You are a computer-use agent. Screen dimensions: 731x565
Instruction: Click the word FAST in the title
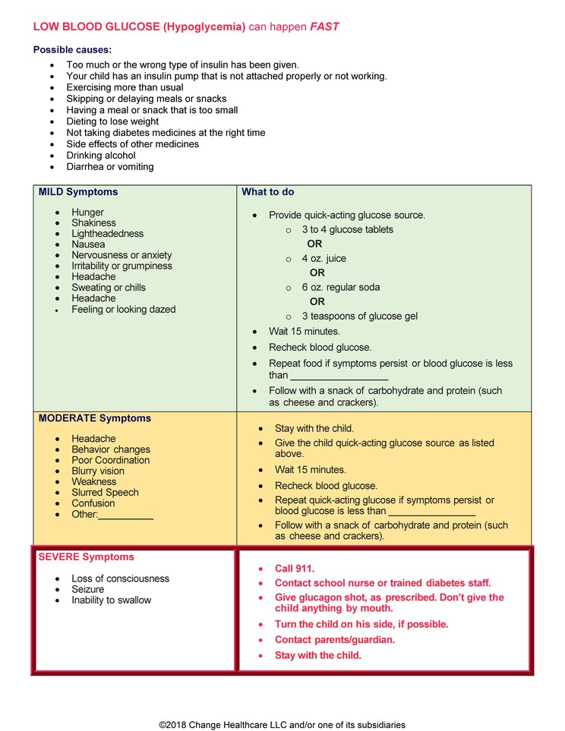coord(324,27)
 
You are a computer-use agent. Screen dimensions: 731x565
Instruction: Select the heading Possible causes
coord(72,50)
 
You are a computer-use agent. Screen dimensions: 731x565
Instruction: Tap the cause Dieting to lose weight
coord(112,121)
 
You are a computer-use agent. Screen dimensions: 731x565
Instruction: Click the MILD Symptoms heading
coord(78,192)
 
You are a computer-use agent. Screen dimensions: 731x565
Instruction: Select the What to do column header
coord(267,192)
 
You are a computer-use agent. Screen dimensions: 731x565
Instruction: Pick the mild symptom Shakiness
coord(93,223)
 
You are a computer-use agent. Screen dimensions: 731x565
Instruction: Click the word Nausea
coord(88,244)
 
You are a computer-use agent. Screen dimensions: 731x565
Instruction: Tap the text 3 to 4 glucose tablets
coord(347,229)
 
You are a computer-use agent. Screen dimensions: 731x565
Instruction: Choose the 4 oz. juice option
coord(324,259)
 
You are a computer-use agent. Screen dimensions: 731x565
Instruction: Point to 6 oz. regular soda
coord(340,288)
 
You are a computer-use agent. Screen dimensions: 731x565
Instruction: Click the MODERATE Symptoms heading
coord(94,418)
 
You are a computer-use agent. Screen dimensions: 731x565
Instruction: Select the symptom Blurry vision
coord(97,471)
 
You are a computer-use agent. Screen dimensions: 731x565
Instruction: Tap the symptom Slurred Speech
coord(105,493)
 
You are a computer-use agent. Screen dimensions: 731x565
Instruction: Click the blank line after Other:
coord(126,515)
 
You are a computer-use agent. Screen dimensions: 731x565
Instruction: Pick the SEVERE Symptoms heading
coord(86,557)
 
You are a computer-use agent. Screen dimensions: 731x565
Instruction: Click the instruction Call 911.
coord(294,569)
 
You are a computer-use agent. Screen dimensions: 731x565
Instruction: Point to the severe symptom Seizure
coord(88,589)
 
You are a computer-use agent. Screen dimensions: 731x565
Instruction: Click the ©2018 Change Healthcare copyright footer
coord(282,725)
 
